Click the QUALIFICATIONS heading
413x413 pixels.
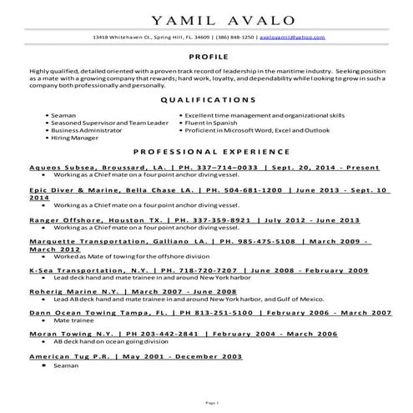(x=206, y=98)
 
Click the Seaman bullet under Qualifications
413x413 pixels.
(x=63, y=113)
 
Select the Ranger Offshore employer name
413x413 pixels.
(x=65, y=219)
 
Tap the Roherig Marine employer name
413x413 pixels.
(x=63, y=290)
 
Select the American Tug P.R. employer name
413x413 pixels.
(x=69, y=356)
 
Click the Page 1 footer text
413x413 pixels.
(x=206, y=402)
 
